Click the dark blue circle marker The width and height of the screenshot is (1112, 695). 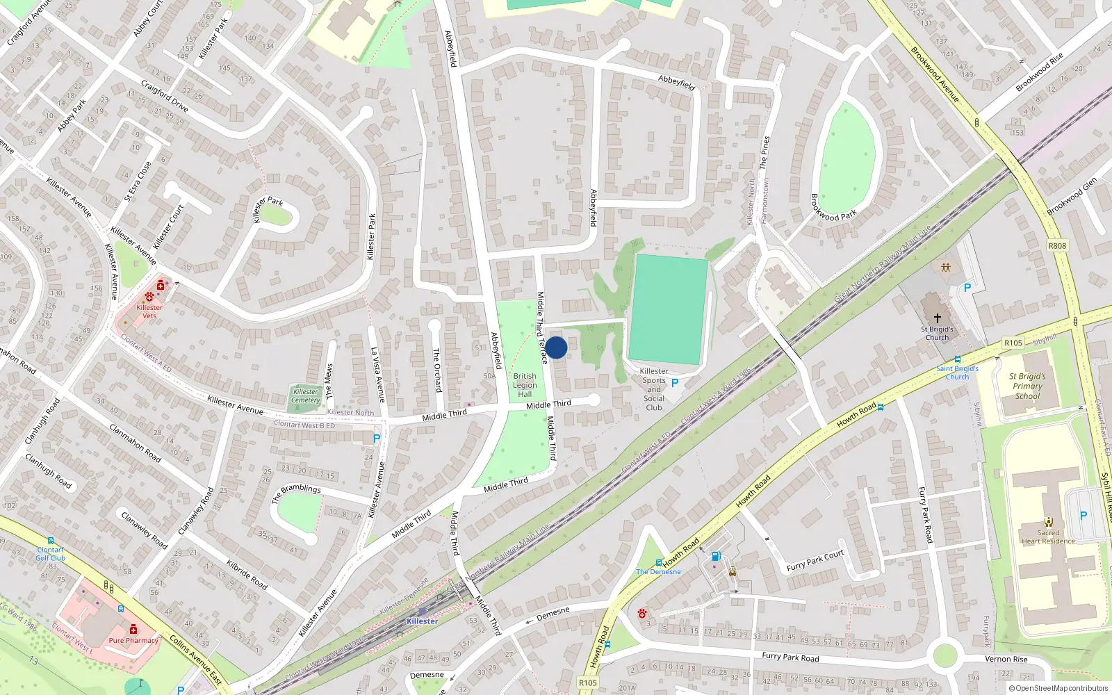click(x=556, y=347)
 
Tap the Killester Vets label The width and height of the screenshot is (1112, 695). click(x=149, y=311)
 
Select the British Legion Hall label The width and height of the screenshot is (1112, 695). click(x=525, y=385)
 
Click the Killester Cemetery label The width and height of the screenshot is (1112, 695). click(x=305, y=395)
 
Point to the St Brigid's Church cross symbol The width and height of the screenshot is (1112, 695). click(x=937, y=318)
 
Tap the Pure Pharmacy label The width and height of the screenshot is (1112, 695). click(x=133, y=640)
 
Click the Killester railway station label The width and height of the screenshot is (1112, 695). click(x=422, y=621)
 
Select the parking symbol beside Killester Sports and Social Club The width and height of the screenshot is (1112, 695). click(x=674, y=383)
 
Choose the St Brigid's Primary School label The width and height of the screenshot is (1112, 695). click(x=1027, y=386)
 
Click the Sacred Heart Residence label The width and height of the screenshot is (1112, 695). click(x=1048, y=537)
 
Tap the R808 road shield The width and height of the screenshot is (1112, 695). click(x=1057, y=246)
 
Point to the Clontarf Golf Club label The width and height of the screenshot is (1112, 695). click(x=51, y=553)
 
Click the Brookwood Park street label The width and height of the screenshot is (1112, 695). click(x=833, y=206)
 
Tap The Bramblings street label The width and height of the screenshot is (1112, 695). click(x=296, y=493)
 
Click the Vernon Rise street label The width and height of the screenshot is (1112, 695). click(x=1006, y=659)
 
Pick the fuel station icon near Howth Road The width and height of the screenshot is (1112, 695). click(x=717, y=556)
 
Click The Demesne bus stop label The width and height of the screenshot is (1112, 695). click(x=659, y=571)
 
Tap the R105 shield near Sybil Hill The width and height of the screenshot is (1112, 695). click(x=1013, y=343)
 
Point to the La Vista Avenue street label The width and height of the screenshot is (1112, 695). click(x=377, y=375)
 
